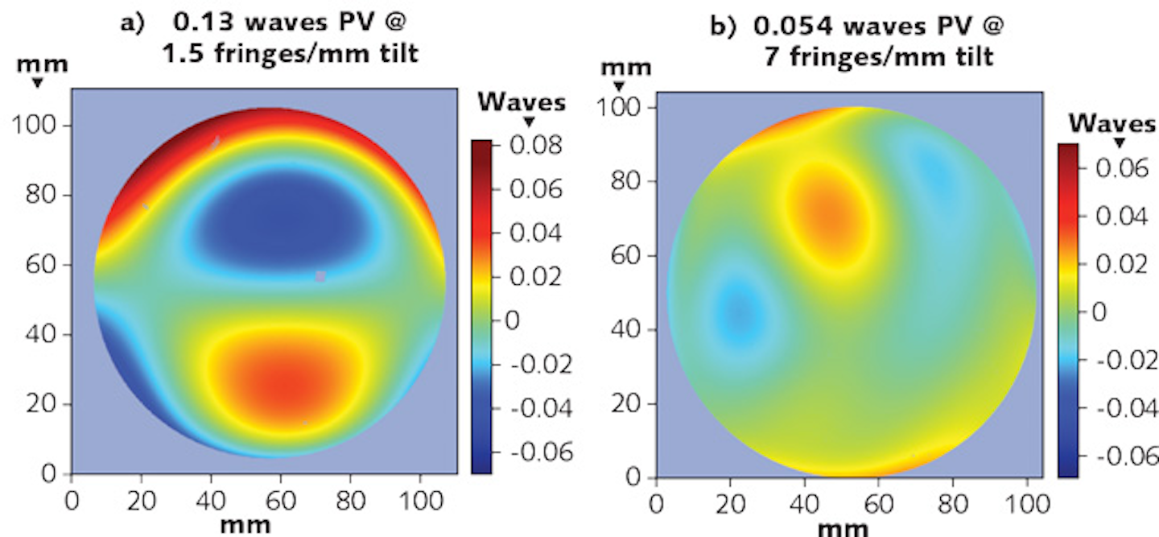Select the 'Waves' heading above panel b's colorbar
click(1112, 122)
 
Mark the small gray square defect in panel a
click(320, 276)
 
